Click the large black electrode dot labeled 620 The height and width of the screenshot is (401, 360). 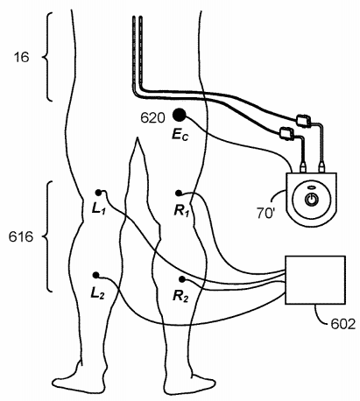pyautogui.click(x=179, y=115)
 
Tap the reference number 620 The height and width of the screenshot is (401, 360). pyautogui.click(x=152, y=118)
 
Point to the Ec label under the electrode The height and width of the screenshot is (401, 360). pyautogui.click(x=180, y=135)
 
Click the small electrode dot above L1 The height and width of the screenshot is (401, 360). pyautogui.click(x=98, y=193)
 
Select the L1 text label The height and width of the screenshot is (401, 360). pyautogui.click(x=98, y=209)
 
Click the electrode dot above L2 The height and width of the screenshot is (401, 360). pyautogui.click(x=95, y=275)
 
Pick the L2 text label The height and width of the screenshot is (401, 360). pyautogui.click(x=97, y=293)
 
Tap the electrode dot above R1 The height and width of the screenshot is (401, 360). pyautogui.click(x=179, y=193)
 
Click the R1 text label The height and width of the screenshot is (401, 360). pyautogui.click(x=181, y=211)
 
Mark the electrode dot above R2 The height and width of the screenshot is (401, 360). pyautogui.click(x=182, y=279)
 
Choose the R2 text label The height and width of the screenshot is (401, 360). pyautogui.click(x=180, y=296)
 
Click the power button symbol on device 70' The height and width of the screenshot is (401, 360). pyautogui.click(x=311, y=200)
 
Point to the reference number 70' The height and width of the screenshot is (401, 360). pyautogui.click(x=265, y=213)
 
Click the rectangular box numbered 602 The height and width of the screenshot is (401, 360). pyautogui.click(x=315, y=280)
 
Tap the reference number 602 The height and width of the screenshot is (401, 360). pyautogui.click(x=343, y=324)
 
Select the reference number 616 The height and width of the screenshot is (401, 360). pyautogui.click(x=21, y=236)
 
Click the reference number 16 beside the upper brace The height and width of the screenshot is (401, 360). pyautogui.click(x=22, y=57)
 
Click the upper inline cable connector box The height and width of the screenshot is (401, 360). pyautogui.click(x=303, y=121)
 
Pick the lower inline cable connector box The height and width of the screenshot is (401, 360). pyautogui.click(x=286, y=133)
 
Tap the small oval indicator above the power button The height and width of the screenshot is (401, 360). pyautogui.click(x=311, y=187)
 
